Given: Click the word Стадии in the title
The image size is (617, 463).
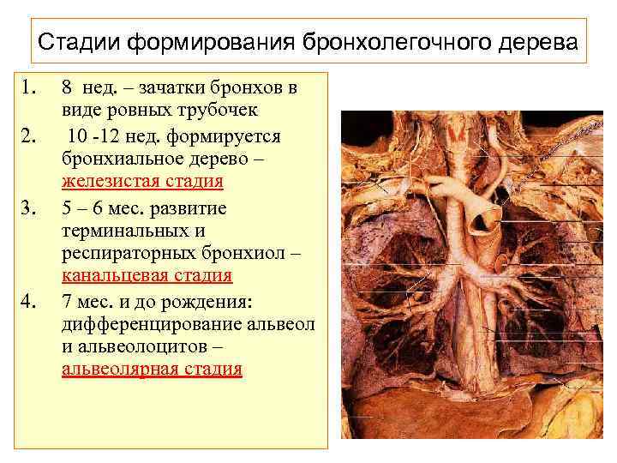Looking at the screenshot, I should point(76,41).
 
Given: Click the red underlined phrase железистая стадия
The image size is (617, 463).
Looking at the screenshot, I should point(142,182).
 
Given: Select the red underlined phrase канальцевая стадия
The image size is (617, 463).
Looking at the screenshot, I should point(147,276).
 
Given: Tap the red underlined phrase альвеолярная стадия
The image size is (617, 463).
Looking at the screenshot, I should point(152,370).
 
